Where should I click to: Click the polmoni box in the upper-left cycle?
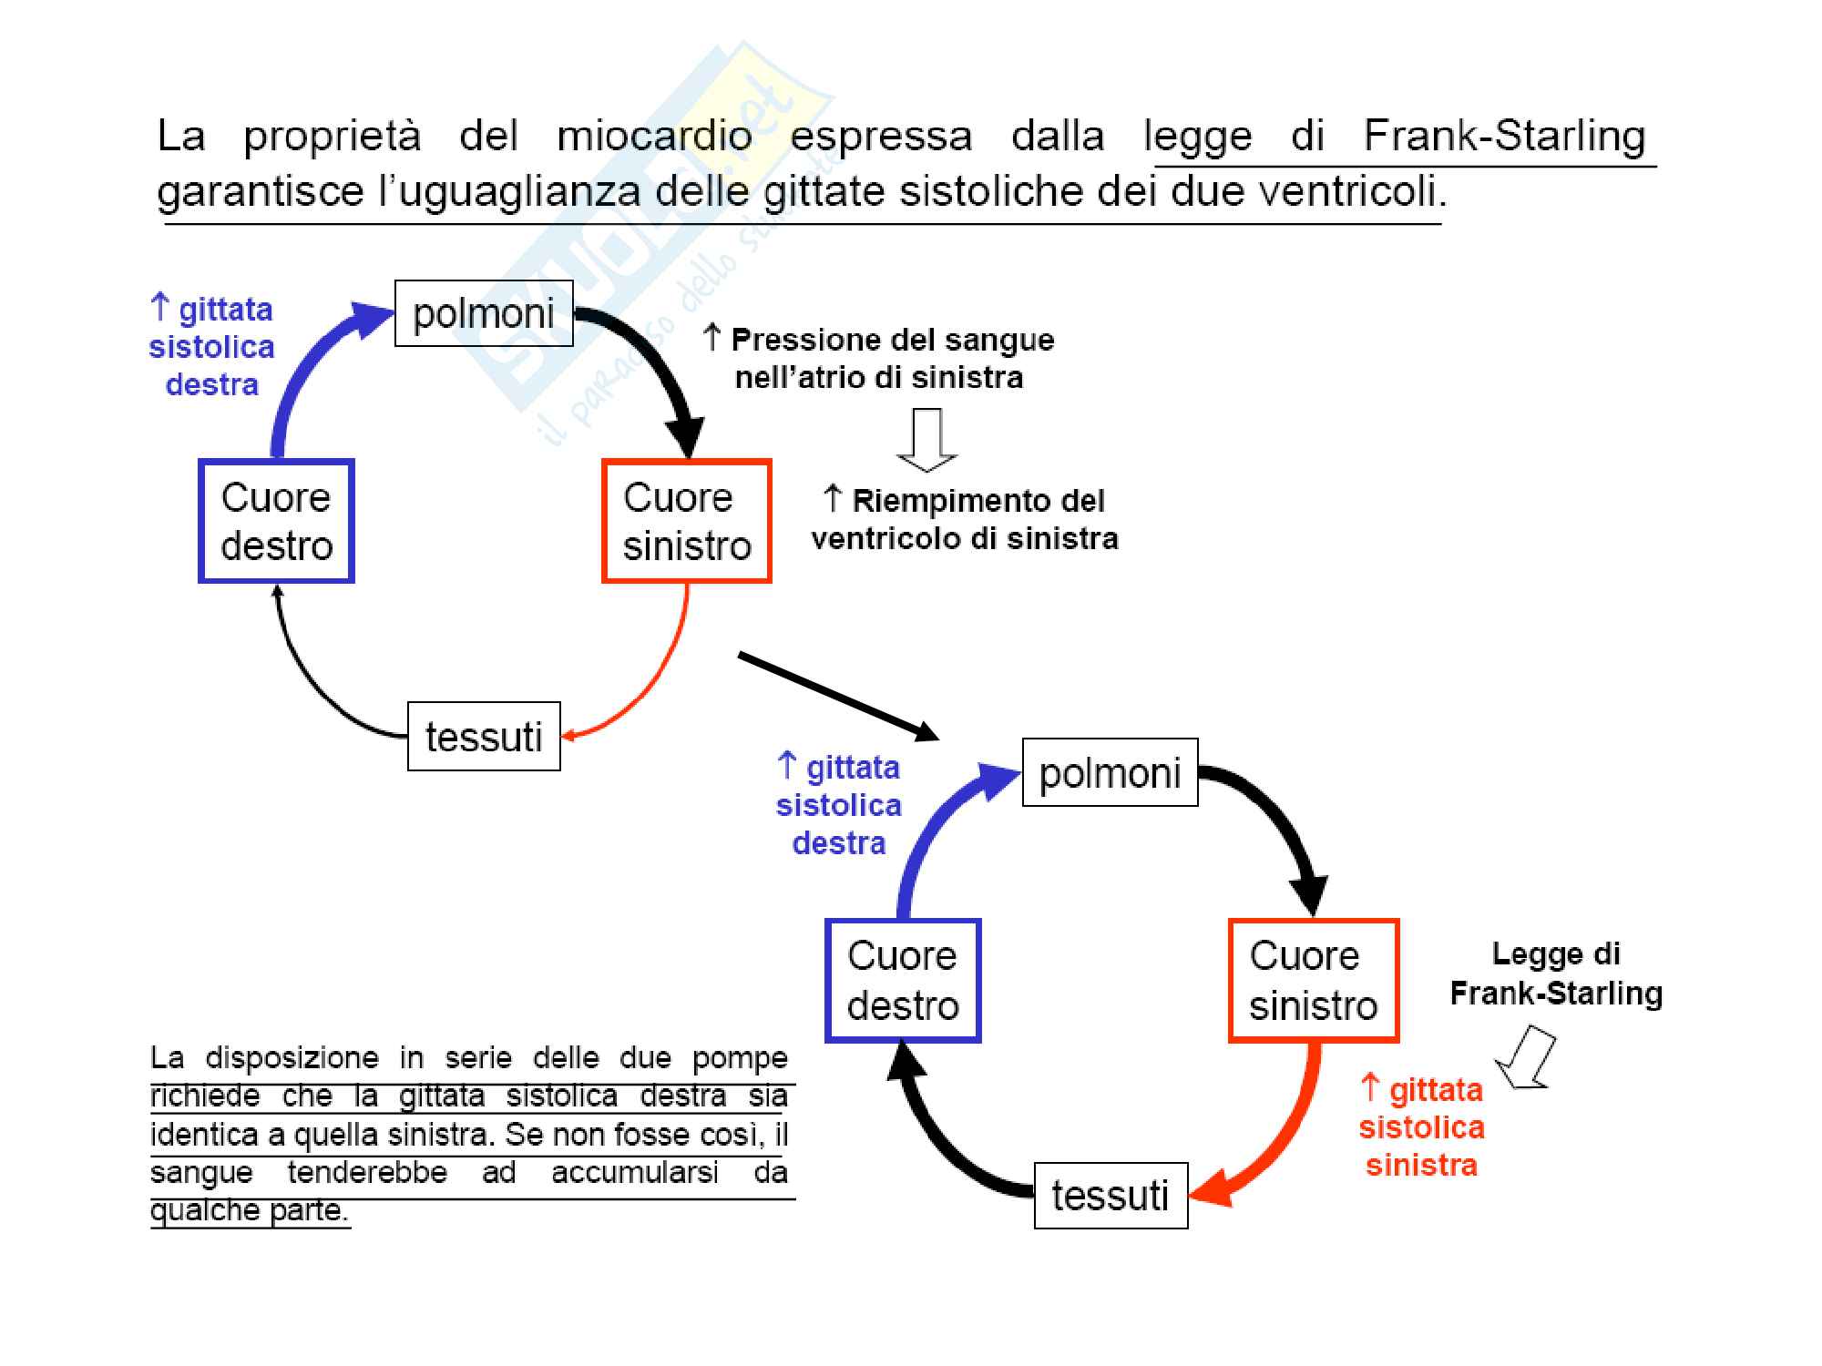point(484,313)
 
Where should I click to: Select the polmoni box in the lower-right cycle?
point(1110,772)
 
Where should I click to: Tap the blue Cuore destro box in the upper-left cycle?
point(276,521)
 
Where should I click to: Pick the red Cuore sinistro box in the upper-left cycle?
point(687,521)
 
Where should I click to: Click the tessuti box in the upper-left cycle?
point(484,736)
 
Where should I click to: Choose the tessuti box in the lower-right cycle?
point(1111,1196)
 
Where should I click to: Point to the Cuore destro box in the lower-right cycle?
point(903,980)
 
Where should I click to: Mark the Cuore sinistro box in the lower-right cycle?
point(1313,980)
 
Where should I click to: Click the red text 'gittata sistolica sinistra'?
point(1421,1127)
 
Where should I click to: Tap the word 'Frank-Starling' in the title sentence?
point(1504,136)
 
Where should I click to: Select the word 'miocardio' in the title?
point(654,136)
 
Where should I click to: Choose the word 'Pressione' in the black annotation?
point(790,340)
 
